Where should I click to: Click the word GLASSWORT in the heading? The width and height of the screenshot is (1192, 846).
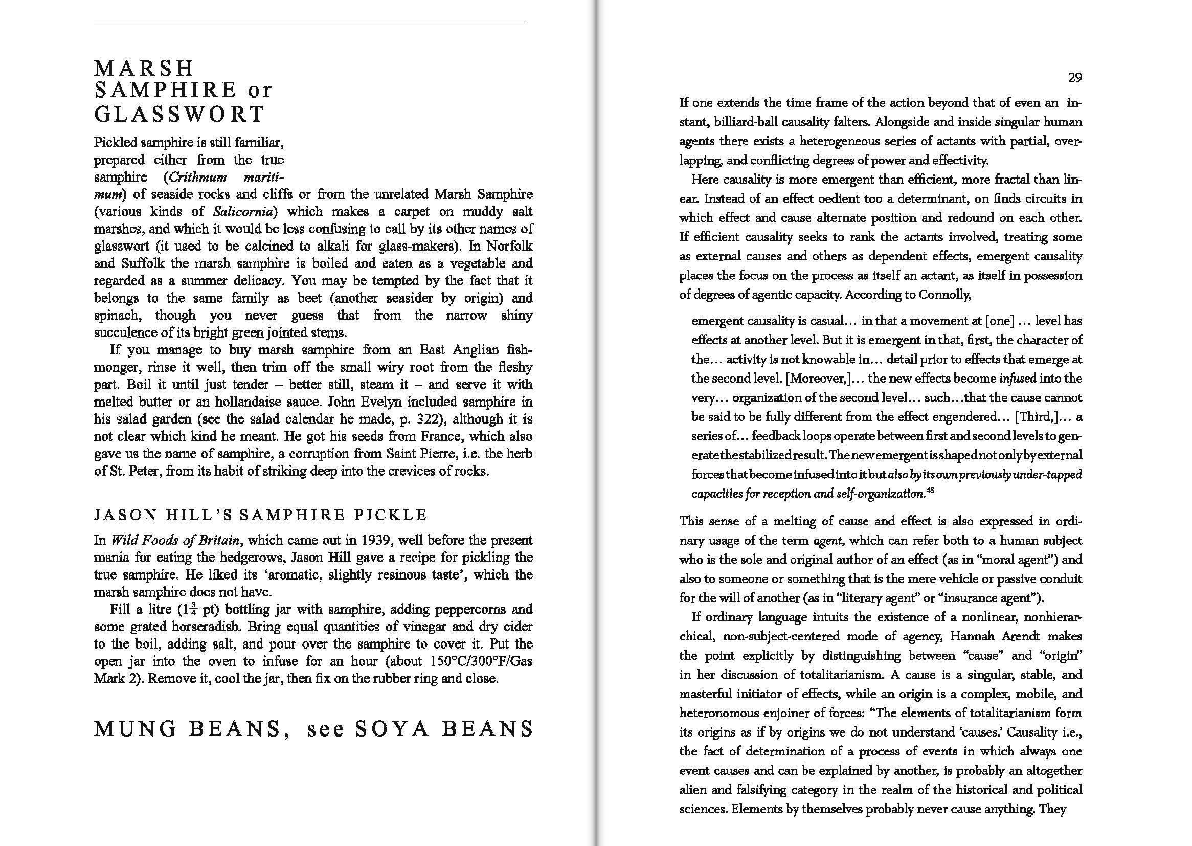pos(179,114)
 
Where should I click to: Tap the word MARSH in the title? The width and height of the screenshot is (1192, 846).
pos(144,68)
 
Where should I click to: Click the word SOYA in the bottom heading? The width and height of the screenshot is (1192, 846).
pos(392,728)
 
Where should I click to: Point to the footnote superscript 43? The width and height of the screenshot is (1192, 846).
pos(931,490)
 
